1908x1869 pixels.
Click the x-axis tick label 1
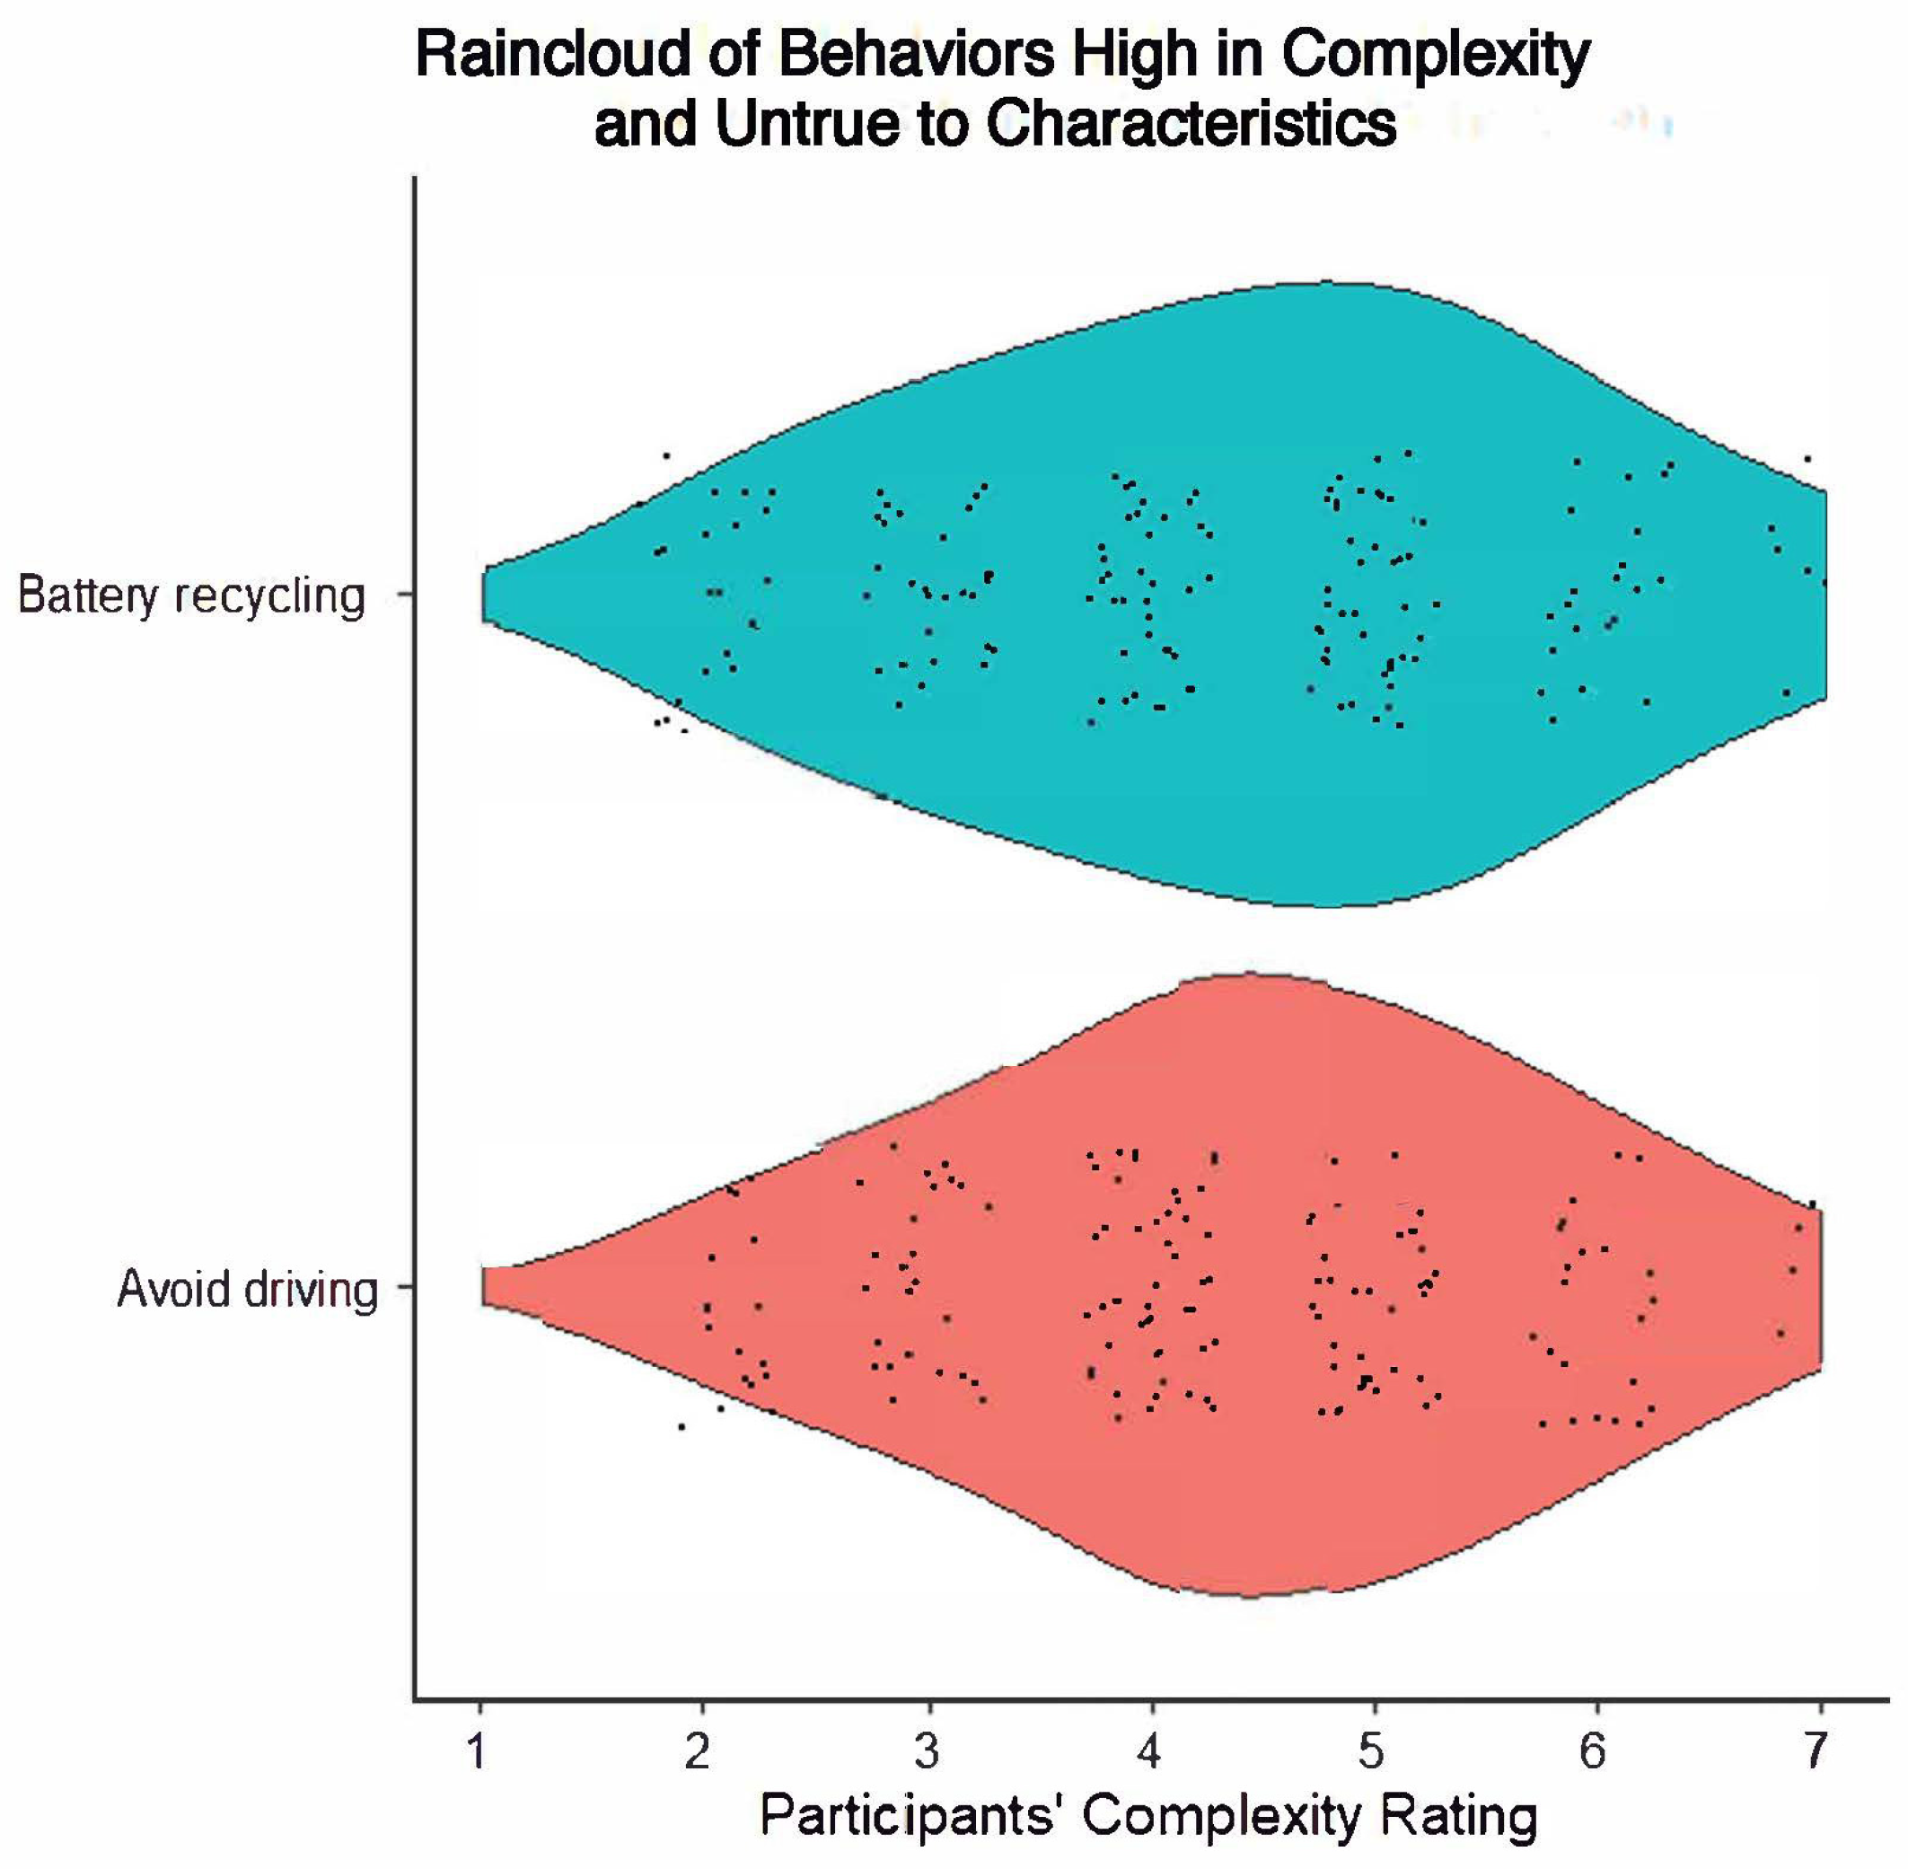(478, 1750)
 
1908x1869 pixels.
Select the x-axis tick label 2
(698, 1750)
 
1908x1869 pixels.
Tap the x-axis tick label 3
(926, 1750)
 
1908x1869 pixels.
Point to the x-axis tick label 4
(1149, 1750)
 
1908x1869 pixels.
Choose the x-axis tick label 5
(1371, 1750)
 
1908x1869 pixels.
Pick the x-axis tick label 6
(1593, 1750)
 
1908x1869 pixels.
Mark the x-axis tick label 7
(1816, 1750)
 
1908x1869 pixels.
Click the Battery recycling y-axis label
(192, 595)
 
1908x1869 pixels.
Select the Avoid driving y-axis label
(247, 1289)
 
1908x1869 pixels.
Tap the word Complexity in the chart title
(1435, 54)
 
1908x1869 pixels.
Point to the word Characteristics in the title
(1191, 125)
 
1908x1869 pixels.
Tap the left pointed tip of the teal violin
(485, 595)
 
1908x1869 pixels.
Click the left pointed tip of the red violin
(485, 1287)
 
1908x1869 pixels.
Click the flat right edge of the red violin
(1821, 1288)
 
